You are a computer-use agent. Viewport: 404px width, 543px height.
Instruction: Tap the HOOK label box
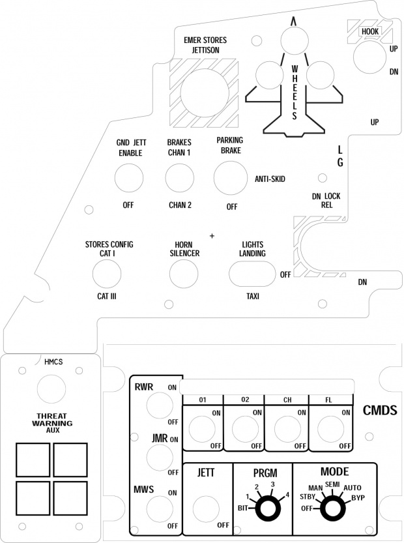click(371, 30)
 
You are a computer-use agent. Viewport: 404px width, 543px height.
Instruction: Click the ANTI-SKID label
click(270, 179)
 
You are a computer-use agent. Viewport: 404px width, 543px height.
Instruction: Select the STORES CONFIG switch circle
click(108, 274)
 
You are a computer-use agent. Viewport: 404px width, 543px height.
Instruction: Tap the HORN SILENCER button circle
click(184, 274)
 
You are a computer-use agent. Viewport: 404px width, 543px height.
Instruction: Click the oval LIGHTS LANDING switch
click(252, 274)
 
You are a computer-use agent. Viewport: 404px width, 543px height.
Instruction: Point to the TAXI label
click(253, 295)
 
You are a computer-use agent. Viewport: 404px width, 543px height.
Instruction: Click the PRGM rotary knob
click(265, 508)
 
